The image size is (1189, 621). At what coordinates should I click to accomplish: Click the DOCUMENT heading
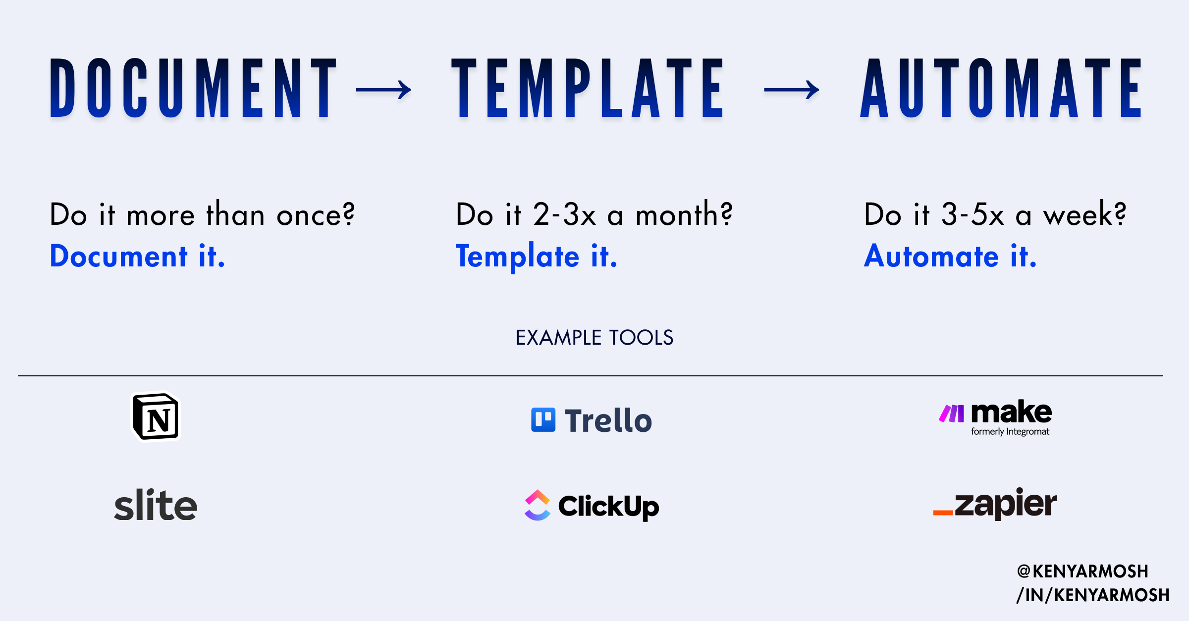194,88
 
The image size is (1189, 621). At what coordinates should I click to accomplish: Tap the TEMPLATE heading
588,88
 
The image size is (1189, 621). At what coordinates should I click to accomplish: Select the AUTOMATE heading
1001,88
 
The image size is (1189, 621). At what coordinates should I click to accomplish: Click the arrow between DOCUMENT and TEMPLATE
383,90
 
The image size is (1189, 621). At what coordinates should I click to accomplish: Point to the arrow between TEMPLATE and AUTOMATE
791,90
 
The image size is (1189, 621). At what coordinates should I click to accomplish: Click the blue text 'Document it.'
137,256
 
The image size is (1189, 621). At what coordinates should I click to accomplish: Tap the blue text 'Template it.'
537,257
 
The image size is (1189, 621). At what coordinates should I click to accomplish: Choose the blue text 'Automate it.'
950,256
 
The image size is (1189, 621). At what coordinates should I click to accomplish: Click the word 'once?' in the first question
316,215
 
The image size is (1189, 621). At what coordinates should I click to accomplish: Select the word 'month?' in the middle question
684,214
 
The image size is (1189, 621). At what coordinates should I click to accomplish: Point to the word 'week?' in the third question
1084,214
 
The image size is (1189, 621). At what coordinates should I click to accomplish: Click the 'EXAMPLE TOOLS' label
594,338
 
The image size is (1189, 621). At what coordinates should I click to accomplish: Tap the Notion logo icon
156,416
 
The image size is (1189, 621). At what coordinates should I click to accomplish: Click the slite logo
156,505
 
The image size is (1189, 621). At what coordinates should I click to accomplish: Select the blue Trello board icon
543,420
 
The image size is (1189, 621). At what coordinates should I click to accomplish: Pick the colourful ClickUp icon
538,505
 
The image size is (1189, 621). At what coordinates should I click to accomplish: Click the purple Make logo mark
952,414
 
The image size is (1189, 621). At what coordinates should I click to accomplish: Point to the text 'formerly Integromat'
1010,431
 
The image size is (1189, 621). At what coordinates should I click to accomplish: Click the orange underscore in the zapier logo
943,513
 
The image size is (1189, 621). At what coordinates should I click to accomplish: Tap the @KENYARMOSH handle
1082,571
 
